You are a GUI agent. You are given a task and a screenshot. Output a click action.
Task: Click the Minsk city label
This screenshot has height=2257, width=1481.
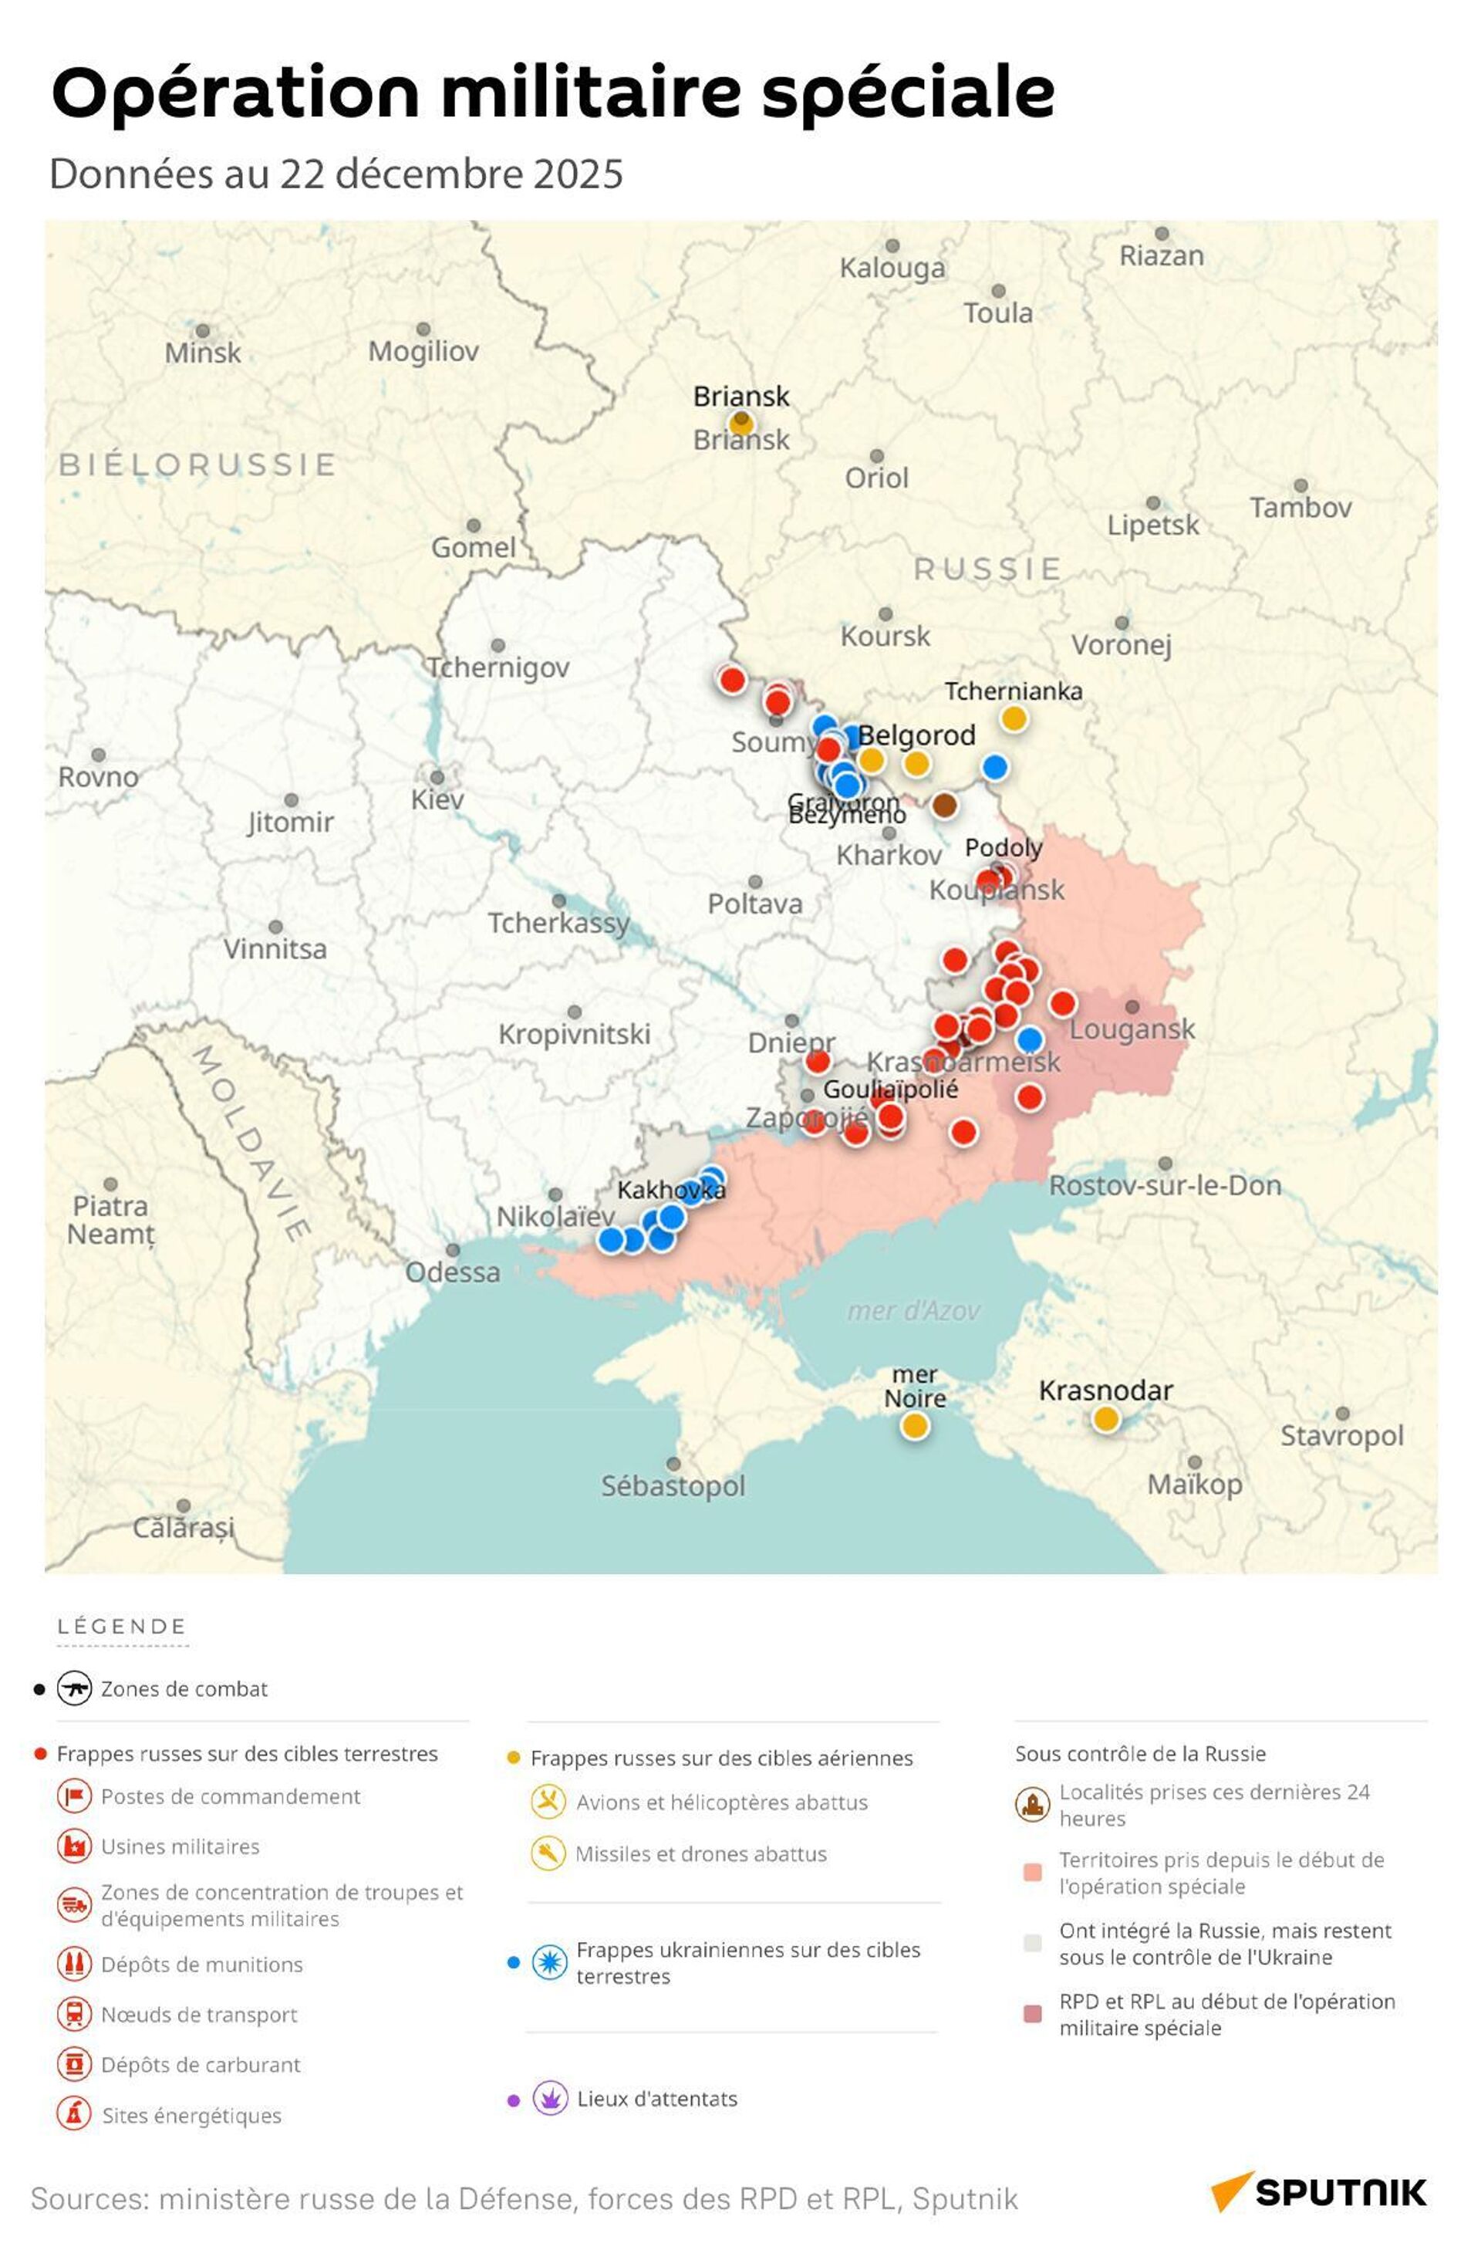(202, 353)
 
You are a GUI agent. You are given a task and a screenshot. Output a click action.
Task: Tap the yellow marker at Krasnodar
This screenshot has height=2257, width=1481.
(1105, 1420)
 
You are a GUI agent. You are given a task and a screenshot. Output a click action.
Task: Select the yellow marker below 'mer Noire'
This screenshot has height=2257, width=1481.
(914, 1425)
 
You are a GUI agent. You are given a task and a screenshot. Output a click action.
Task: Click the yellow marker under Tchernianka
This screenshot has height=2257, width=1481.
(1014, 719)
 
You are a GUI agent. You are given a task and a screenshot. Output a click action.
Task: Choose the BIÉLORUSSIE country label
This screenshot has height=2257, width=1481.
(197, 465)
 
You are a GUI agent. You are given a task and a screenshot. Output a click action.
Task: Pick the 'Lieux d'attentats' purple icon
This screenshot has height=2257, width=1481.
(550, 2098)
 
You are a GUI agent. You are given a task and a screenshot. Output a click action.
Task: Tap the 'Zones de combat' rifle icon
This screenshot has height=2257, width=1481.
(74, 1688)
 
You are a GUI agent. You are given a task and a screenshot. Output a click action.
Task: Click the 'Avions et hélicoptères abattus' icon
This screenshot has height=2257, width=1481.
(548, 1802)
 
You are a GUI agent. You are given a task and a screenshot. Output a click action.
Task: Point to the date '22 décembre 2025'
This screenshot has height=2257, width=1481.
(450, 174)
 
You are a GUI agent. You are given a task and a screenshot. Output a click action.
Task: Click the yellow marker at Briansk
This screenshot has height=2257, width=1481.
(741, 422)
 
